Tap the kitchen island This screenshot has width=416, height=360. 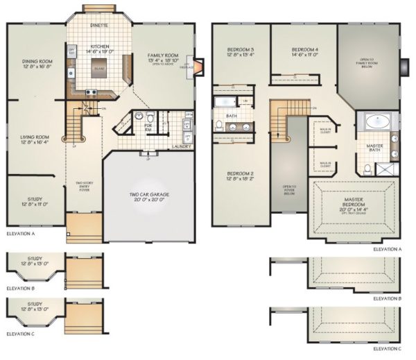[x=100, y=65]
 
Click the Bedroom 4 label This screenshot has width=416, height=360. [x=304, y=50]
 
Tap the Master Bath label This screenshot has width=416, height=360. [x=375, y=147]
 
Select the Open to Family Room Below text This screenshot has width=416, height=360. [x=371, y=63]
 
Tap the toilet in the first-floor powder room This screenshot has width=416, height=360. [x=139, y=117]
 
